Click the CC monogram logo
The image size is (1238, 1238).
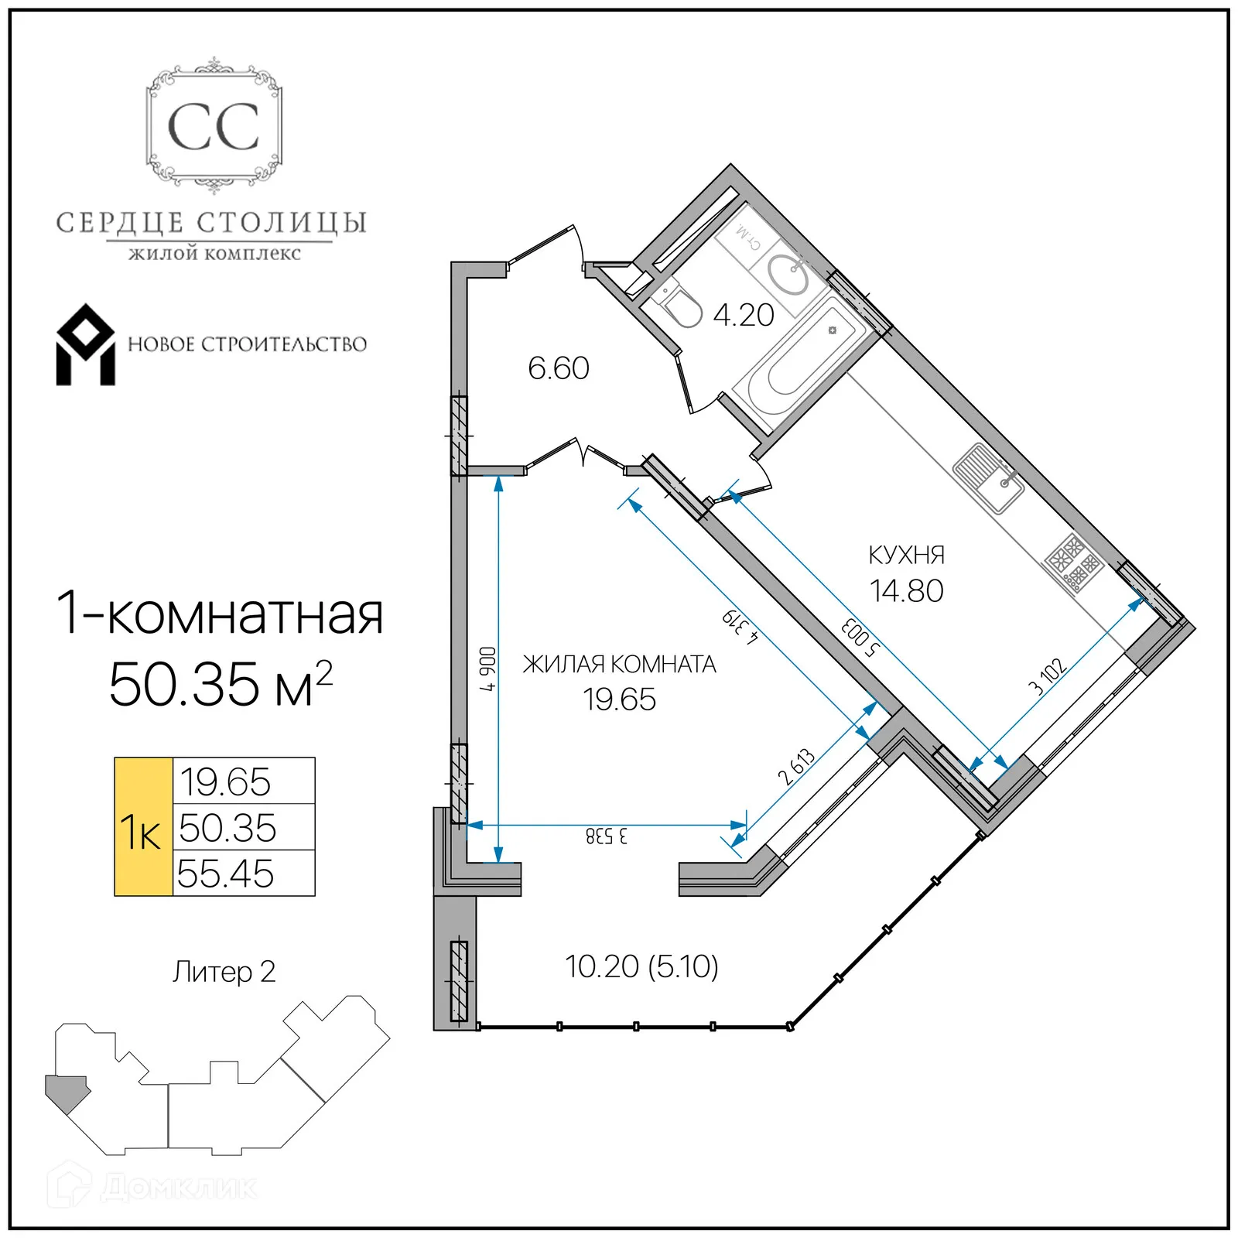pos(214,126)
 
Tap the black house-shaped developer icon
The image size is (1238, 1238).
pos(85,345)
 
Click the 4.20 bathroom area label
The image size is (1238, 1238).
pos(743,315)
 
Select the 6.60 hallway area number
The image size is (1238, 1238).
pos(558,368)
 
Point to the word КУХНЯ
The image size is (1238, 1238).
pos(906,555)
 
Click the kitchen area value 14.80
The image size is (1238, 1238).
pos(906,591)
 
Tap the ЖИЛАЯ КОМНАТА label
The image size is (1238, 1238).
pos(619,664)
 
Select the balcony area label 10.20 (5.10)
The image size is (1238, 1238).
pos(641,966)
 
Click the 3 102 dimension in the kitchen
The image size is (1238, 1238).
pos(1048,676)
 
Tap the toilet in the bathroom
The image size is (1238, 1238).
pos(679,306)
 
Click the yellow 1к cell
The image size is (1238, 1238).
pos(143,827)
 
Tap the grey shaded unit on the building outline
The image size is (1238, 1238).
pos(67,1091)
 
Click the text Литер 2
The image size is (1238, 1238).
pos(224,972)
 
